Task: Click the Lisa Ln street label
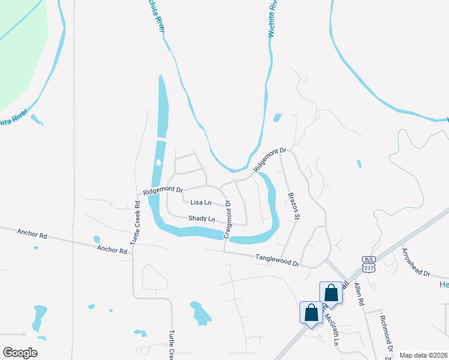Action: (200, 203)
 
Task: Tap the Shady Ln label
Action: (202, 219)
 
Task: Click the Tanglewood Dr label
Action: (277, 259)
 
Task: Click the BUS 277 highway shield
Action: (369, 264)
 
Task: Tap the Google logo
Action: (20, 353)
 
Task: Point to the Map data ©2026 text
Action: (423, 355)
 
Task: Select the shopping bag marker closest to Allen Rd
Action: (331, 293)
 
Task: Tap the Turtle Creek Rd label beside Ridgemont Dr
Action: (136, 223)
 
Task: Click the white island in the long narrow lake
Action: (158, 162)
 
